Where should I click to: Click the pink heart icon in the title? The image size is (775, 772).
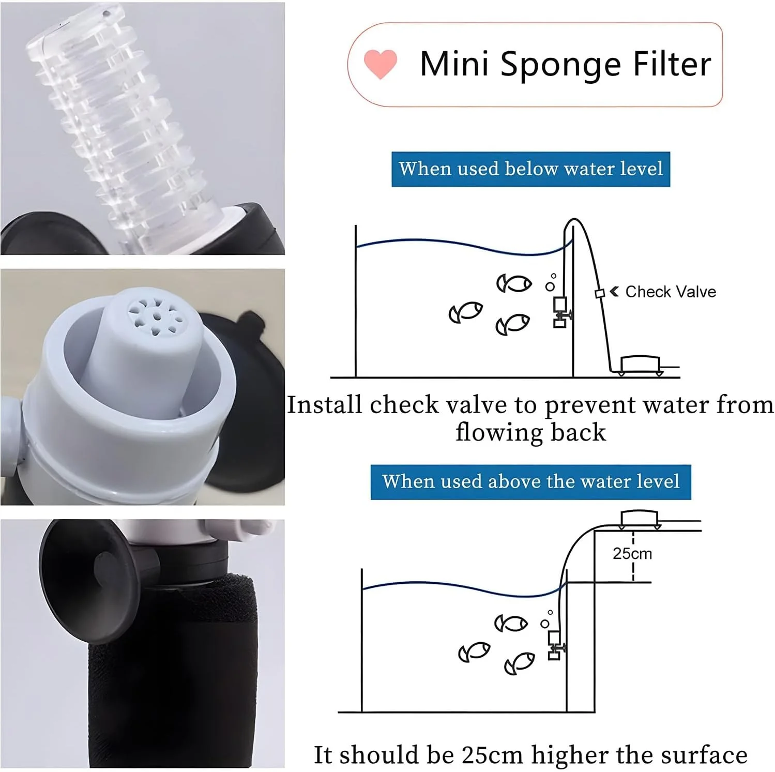click(381, 64)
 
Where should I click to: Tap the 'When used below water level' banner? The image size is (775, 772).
click(530, 169)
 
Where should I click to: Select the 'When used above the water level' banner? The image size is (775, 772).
click(530, 482)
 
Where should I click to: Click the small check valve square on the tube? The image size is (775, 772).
click(600, 294)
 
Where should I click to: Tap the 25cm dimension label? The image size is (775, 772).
click(632, 554)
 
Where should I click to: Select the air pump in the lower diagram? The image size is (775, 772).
click(639, 520)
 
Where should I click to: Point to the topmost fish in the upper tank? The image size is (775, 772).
click(514, 283)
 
